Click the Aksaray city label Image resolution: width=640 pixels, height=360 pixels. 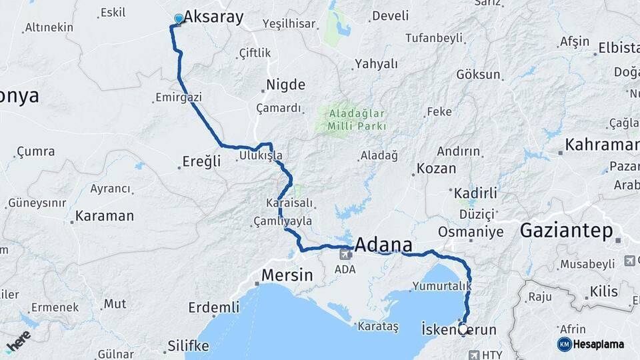tap(213, 17)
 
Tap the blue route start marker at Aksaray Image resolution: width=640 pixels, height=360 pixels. tap(179, 19)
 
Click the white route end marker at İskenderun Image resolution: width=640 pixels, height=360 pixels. tap(463, 329)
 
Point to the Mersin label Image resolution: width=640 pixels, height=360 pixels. tap(287, 275)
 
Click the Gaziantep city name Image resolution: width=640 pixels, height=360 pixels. tap(566, 231)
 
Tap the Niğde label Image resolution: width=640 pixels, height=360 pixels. tap(286, 85)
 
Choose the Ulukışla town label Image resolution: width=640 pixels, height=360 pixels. tap(261, 156)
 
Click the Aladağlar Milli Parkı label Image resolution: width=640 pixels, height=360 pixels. tap(357, 119)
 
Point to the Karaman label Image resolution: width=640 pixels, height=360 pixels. tap(105, 216)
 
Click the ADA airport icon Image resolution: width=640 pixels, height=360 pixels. tap(346, 253)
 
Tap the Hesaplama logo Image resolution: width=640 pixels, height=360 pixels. tap(591, 344)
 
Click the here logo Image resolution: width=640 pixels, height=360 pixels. tap(18, 341)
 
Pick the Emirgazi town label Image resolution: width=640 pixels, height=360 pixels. tap(178, 97)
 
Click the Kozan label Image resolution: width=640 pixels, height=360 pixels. tap(437, 169)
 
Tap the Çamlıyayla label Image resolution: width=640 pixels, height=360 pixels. tap(282, 221)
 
